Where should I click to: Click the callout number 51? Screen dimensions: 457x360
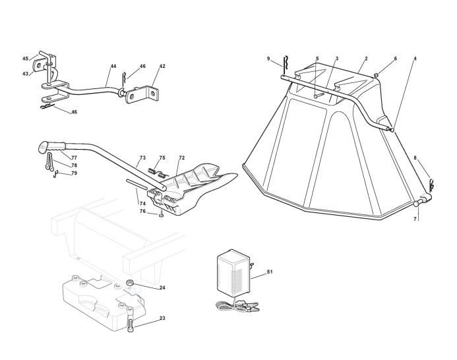[270, 272]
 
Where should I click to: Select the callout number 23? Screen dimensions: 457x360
[162, 318]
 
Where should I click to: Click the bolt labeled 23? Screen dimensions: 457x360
[130, 322]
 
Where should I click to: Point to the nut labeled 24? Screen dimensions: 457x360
[130, 282]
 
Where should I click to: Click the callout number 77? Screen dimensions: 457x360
[74, 158]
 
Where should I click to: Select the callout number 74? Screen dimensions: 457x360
[142, 204]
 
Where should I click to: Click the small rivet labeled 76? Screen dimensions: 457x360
[161, 216]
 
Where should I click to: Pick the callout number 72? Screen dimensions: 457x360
[182, 158]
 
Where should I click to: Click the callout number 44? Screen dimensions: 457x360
[113, 66]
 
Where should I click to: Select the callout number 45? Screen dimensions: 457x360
[25, 59]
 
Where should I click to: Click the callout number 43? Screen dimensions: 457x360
[25, 74]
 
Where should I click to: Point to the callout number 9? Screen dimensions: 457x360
[268, 59]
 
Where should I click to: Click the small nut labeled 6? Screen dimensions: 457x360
[376, 76]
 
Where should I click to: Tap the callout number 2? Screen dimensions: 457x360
[367, 59]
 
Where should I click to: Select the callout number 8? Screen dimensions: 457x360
[415, 158]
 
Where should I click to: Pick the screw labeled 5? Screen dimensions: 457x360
[319, 95]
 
